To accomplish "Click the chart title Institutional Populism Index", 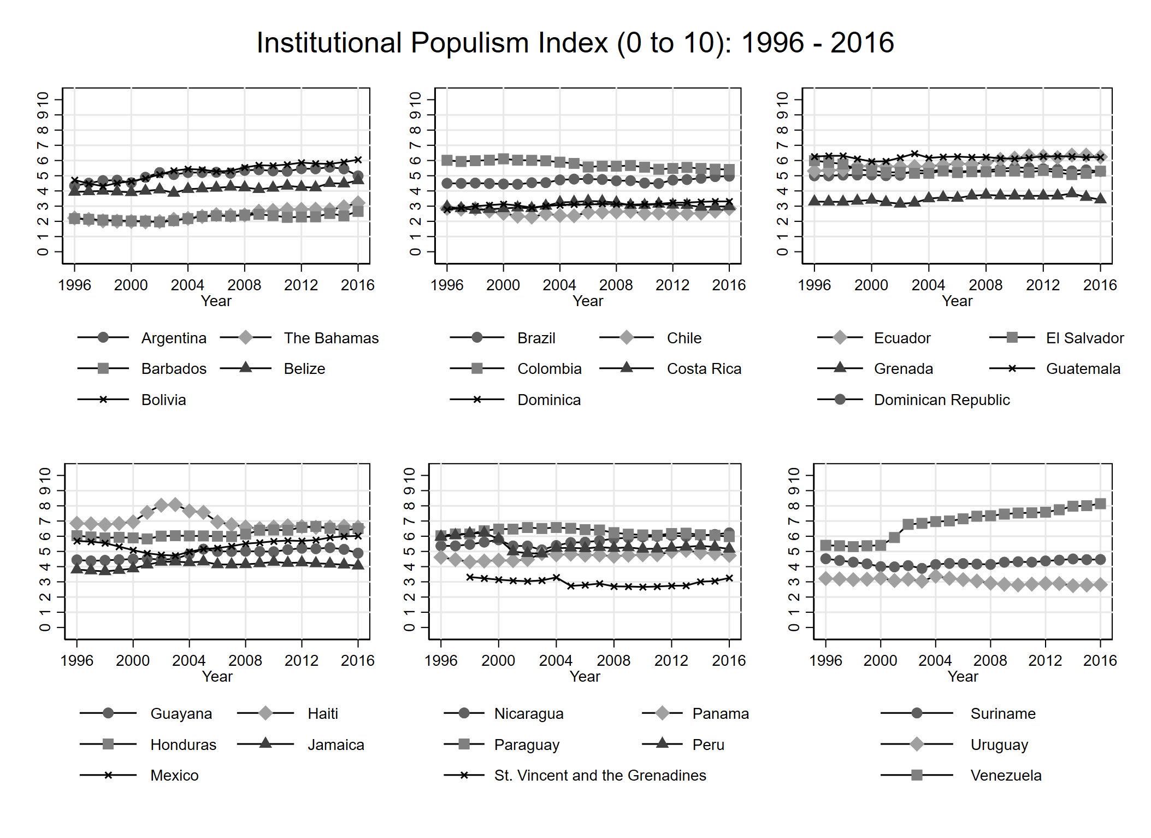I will [x=575, y=43].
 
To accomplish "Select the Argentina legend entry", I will [x=173, y=338].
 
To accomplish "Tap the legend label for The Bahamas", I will [x=331, y=338].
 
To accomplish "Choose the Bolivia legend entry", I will [x=163, y=400].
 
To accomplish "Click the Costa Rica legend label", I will [x=704, y=369].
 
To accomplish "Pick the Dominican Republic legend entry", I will [x=941, y=400].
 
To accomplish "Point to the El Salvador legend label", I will [x=1084, y=338].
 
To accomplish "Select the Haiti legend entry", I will [x=323, y=714].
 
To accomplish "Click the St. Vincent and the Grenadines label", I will [x=600, y=776].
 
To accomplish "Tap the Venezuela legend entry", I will [x=1006, y=776].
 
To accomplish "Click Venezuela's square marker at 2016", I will [x=1100, y=504].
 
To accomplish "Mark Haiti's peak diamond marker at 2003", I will [x=175, y=504].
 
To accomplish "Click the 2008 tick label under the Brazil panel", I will [x=616, y=285].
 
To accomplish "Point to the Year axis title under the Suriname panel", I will [x=963, y=677].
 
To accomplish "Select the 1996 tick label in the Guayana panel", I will [x=76, y=661].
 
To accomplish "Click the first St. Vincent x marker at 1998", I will [x=470, y=577].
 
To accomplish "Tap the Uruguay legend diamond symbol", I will [x=917, y=745].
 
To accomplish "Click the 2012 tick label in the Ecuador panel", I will [x=1042, y=285].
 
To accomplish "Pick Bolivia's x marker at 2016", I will [x=358, y=160].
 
